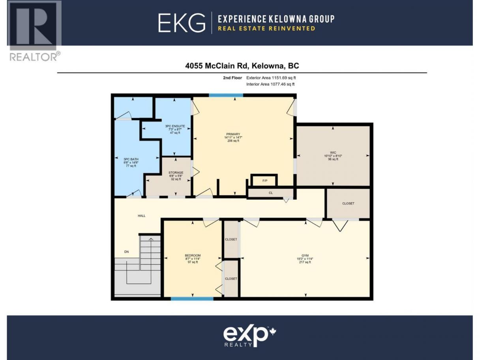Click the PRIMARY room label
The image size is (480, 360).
click(233, 134)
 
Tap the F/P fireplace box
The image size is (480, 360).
click(264, 180)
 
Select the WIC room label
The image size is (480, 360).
click(333, 153)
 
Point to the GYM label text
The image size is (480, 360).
click(305, 255)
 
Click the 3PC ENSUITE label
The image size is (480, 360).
click(175, 126)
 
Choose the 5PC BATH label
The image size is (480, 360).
click(131, 159)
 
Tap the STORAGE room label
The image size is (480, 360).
click(176, 172)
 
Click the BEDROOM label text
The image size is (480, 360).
click(193, 255)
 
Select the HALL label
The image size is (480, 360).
click(141, 216)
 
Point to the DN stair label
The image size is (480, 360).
click(126, 251)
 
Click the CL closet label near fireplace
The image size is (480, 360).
click(271, 193)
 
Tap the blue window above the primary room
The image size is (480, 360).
click(226, 95)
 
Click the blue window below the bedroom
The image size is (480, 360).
click(192, 298)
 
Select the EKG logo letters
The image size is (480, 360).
click(182, 23)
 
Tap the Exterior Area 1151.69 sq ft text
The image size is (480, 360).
click(271, 78)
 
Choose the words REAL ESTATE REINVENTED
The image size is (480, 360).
click(266, 28)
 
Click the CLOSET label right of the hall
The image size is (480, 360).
click(348, 203)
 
